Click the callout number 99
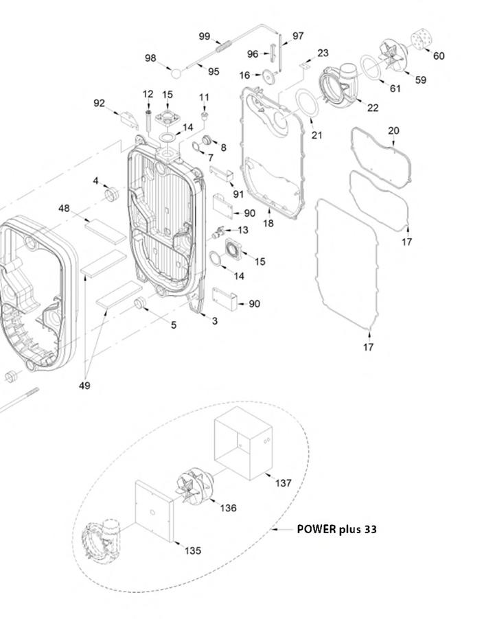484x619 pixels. [204, 36]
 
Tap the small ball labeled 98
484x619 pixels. [176, 71]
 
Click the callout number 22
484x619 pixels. [372, 107]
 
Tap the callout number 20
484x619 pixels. [393, 130]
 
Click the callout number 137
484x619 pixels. [283, 483]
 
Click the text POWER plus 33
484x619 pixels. [336, 529]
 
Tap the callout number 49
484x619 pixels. [84, 386]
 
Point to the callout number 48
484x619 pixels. [64, 208]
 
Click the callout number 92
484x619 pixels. [100, 104]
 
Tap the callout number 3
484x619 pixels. [214, 321]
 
